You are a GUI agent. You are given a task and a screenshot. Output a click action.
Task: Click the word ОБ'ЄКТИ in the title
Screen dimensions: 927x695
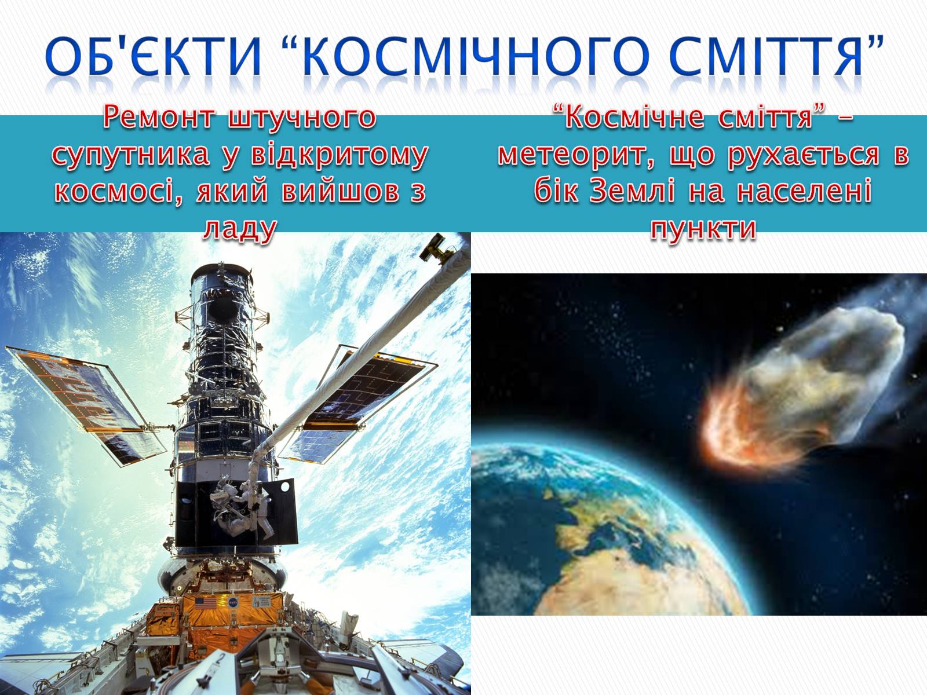click(x=154, y=56)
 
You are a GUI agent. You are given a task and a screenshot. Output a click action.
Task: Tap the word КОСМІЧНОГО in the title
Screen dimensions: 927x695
click(x=476, y=56)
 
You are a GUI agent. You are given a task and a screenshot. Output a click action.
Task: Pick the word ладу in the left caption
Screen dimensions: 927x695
click(x=240, y=229)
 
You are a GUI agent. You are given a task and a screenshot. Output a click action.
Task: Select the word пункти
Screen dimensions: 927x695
click(x=703, y=229)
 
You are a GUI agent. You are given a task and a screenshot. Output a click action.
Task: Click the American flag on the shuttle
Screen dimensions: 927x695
click(x=205, y=602)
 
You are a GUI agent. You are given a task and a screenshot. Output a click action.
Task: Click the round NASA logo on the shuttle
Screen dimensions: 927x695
click(x=233, y=602)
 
